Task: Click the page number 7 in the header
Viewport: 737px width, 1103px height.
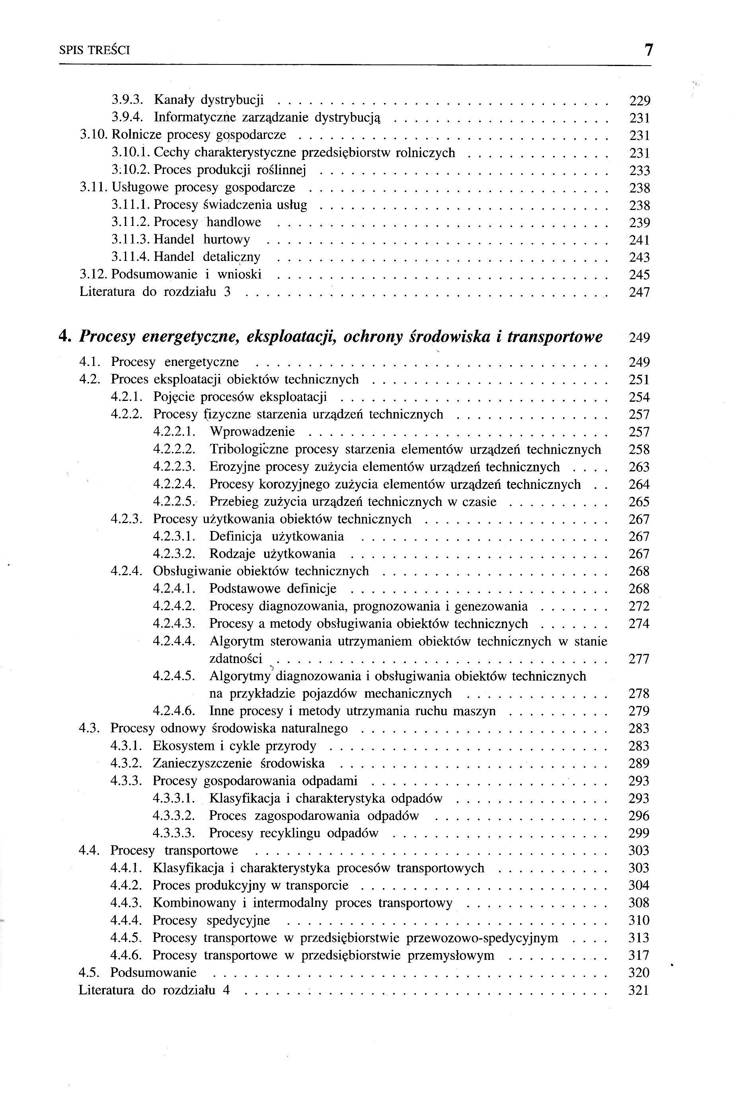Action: (x=648, y=50)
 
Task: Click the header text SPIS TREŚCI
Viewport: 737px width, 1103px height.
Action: (x=94, y=50)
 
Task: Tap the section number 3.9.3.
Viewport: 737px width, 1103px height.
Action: (x=130, y=100)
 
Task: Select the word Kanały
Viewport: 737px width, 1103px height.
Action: (x=174, y=100)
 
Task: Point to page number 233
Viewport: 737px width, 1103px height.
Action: (x=639, y=171)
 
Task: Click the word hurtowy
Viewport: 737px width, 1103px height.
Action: (x=226, y=239)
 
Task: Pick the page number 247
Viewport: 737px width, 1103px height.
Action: (x=639, y=292)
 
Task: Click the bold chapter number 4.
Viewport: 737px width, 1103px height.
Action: (x=65, y=337)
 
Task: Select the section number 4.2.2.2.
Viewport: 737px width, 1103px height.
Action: (x=174, y=449)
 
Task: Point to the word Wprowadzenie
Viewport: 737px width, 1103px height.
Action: (x=252, y=432)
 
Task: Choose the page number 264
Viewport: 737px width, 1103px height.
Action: (x=639, y=484)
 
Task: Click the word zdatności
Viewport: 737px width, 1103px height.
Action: (x=236, y=659)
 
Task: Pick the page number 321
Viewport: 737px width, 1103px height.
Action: (x=639, y=990)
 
